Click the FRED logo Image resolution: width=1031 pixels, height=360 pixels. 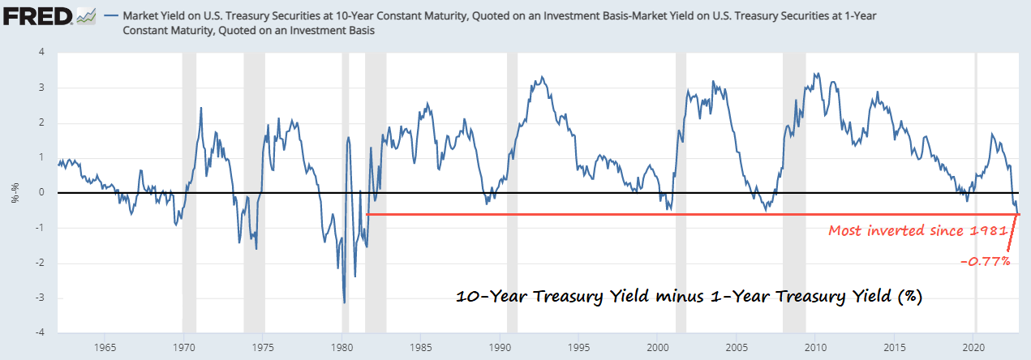click(x=41, y=15)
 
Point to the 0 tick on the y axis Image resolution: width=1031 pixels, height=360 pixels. click(x=42, y=193)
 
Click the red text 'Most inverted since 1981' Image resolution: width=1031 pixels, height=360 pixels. click(x=917, y=231)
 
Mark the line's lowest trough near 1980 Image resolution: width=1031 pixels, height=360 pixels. click(x=345, y=302)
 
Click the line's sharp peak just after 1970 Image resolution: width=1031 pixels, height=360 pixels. click(x=201, y=108)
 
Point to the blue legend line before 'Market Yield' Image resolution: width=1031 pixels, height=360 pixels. click(x=109, y=15)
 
